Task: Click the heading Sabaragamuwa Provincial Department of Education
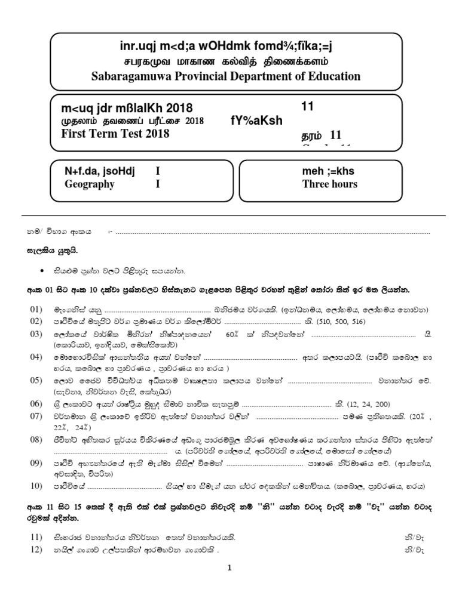pyautogui.click(x=225, y=76)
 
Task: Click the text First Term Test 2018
pyautogui.click(x=115, y=134)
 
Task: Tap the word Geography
pyautogui.click(x=90, y=184)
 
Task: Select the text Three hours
pyautogui.click(x=329, y=184)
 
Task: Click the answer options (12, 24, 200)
pyautogui.click(x=374, y=403)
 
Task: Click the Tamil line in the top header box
pyautogui.click(x=225, y=62)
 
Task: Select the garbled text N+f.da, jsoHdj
pyautogui.click(x=99, y=172)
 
